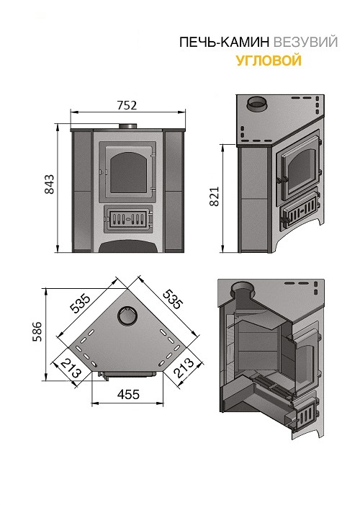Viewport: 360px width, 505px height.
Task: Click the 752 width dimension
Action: point(127,105)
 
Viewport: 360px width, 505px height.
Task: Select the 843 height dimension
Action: point(49,184)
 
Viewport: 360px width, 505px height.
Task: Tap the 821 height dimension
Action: point(214,196)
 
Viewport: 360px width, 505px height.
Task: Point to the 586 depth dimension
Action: point(37,331)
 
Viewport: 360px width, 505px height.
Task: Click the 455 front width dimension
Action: point(128,394)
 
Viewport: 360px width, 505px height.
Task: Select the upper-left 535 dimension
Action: point(80,303)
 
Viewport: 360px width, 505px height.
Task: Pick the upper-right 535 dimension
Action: point(173,299)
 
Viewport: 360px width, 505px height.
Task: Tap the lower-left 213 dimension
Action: point(71,368)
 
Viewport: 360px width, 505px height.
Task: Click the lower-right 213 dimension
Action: point(184,368)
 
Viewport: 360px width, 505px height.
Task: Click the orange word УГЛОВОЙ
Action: point(269,61)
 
